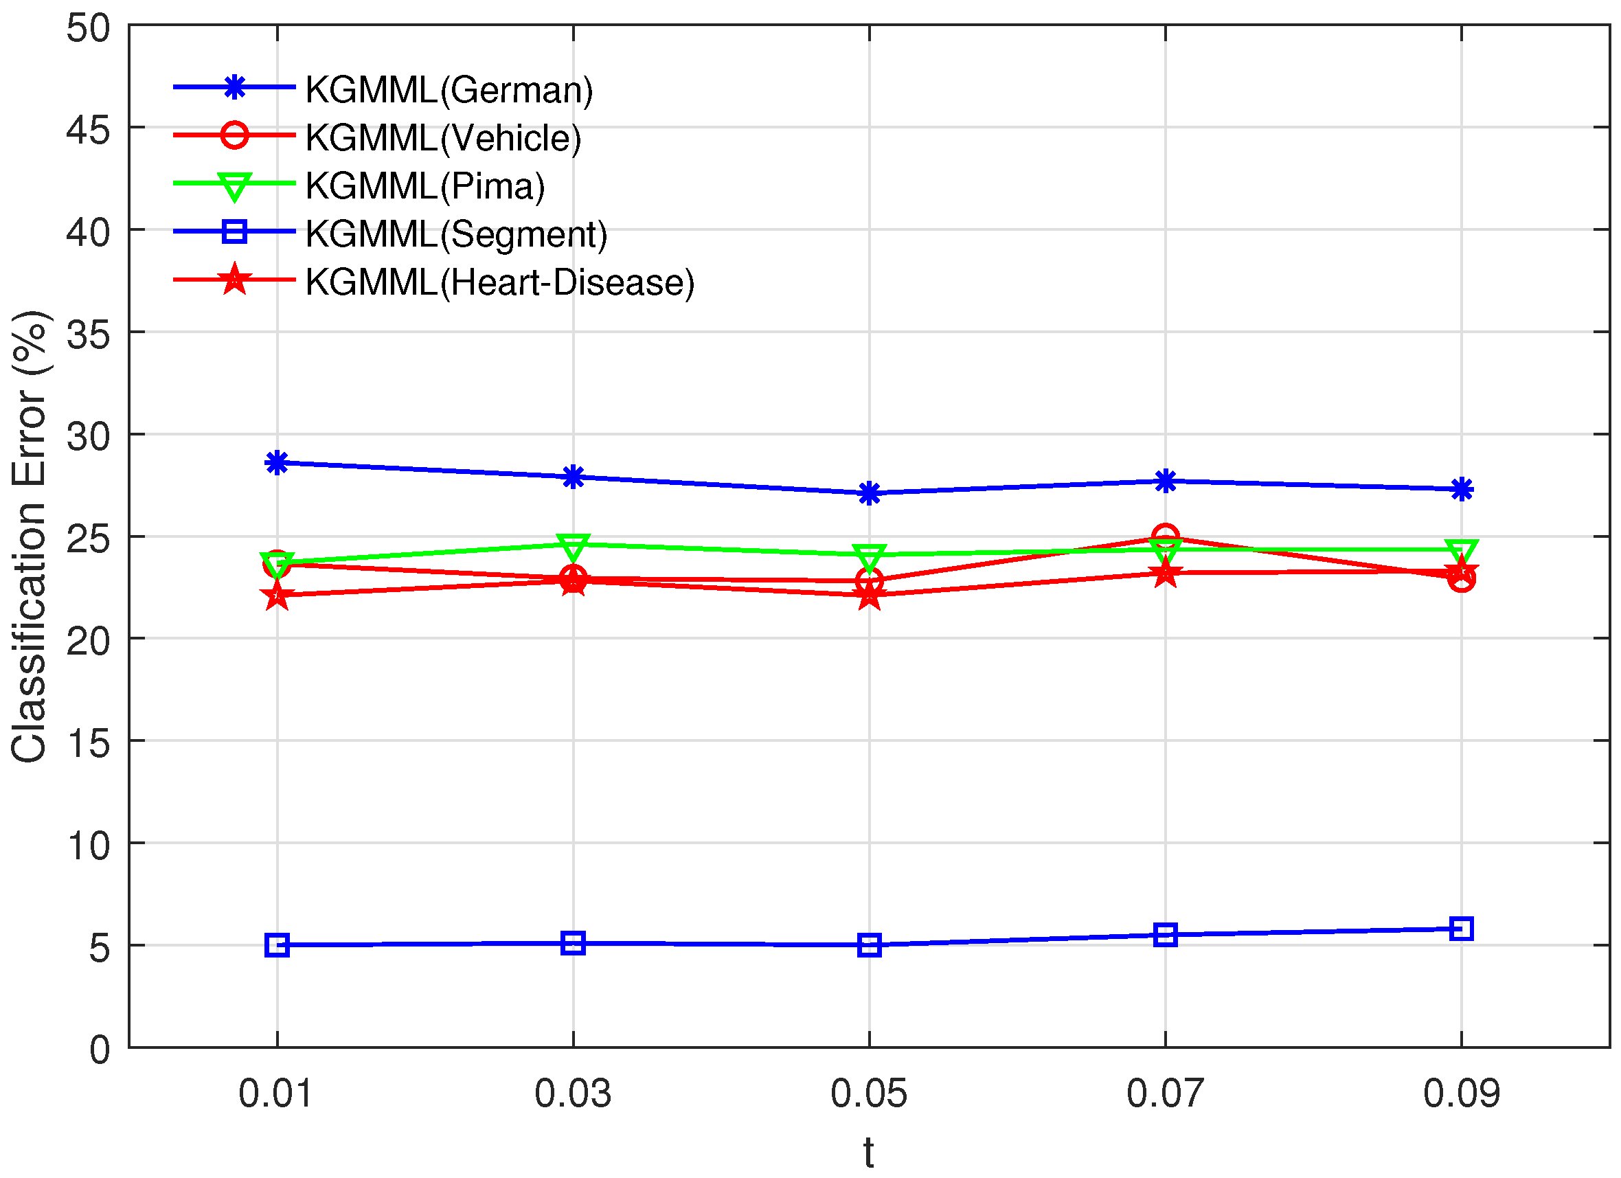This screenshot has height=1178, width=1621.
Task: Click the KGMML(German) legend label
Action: (449, 90)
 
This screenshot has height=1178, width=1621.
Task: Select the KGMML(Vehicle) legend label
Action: (443, 138)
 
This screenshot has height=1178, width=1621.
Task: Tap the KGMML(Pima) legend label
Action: (425, 186)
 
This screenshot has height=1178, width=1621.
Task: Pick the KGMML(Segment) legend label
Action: (456, 234)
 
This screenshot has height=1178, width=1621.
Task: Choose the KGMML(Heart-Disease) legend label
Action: (499, 282)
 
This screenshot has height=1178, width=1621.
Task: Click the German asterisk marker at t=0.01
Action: (277, 463)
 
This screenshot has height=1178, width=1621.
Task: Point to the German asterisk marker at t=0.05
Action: (869, 493)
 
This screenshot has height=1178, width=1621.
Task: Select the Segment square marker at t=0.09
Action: (1462, 929)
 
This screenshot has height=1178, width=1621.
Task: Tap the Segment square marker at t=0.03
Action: (574, 943)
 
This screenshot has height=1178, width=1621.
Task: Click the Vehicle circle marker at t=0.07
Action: (1166, 536)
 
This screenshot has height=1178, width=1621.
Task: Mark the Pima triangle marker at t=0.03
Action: (574, 547)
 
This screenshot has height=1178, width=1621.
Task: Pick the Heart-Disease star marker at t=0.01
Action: (277, 595)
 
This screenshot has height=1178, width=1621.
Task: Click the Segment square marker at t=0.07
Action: (1166, 934)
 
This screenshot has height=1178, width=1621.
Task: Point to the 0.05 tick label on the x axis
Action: (869, 1094)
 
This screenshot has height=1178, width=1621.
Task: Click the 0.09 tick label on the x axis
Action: (1462, 1094)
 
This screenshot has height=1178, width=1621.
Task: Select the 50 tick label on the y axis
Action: (89, 30)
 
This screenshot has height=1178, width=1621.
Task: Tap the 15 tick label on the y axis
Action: (89, 744)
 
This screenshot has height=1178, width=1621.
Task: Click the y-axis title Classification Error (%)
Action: (30, 536)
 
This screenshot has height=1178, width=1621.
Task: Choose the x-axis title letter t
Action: (868, 1153)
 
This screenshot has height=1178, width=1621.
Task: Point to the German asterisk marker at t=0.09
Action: (1462, 490)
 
